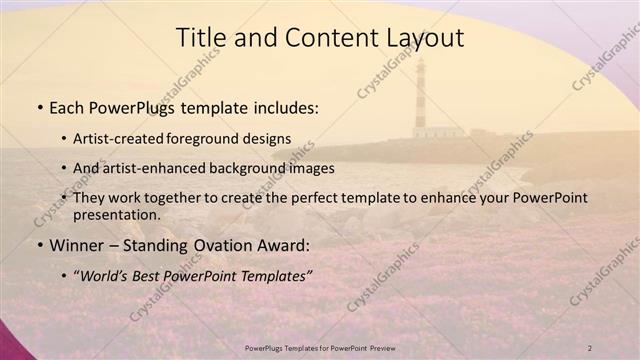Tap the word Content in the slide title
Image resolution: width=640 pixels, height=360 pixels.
point(321,38)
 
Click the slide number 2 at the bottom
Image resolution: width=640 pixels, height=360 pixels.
point(590,347)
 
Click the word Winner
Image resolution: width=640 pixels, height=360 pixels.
point(76,243)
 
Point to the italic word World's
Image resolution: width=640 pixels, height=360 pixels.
point(108,273)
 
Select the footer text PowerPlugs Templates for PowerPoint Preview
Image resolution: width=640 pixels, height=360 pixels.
point(320,347)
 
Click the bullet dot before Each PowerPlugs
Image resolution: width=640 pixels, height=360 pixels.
point(39,107)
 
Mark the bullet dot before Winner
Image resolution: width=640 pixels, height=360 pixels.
point(39,244)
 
